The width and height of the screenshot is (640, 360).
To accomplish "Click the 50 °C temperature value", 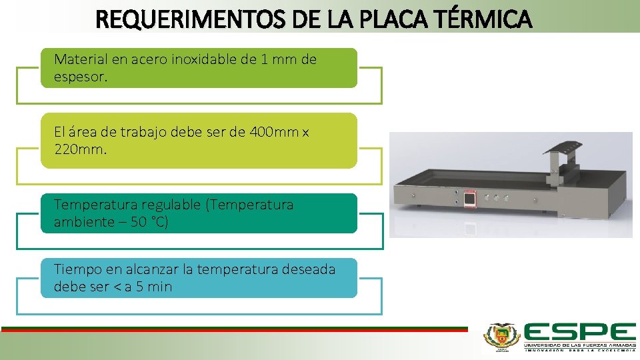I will (x=149, y=222).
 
